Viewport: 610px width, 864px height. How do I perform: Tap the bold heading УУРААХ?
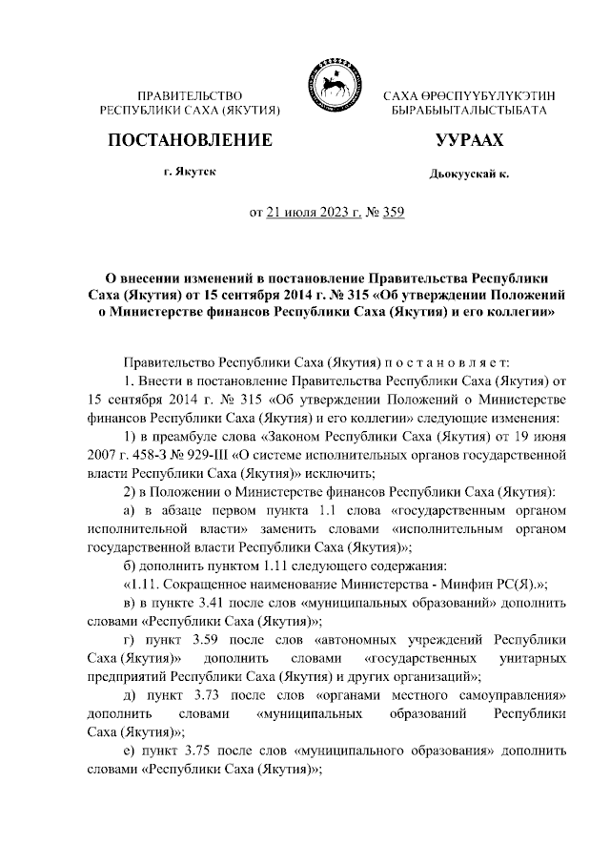469,140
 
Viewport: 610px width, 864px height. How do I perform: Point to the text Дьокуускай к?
469,176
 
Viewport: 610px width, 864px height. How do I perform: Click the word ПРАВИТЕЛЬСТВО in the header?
191,97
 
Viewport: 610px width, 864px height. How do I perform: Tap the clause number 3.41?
213,605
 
